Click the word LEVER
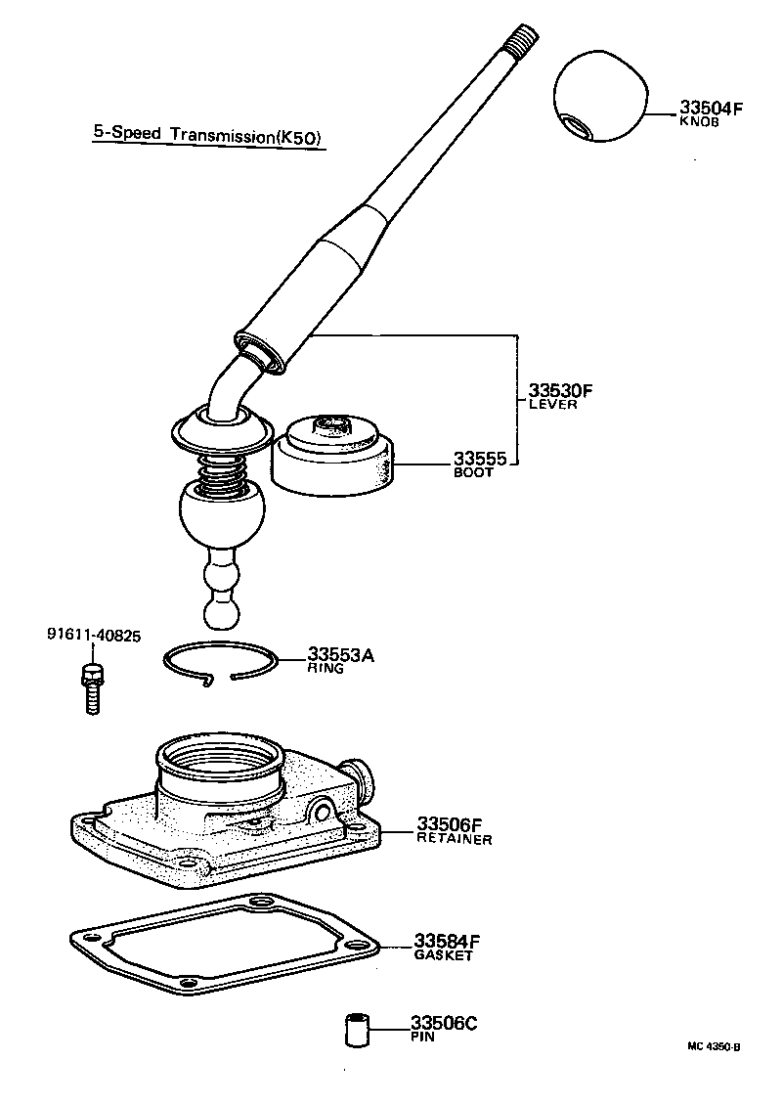coord(552,405)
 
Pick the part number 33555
coord(479,459)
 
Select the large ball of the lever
coord(222,518)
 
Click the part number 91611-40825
coord(94,636)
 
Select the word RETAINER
coord(455,839)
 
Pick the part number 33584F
coord(448,942)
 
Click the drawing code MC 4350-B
coord(714,1046)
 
